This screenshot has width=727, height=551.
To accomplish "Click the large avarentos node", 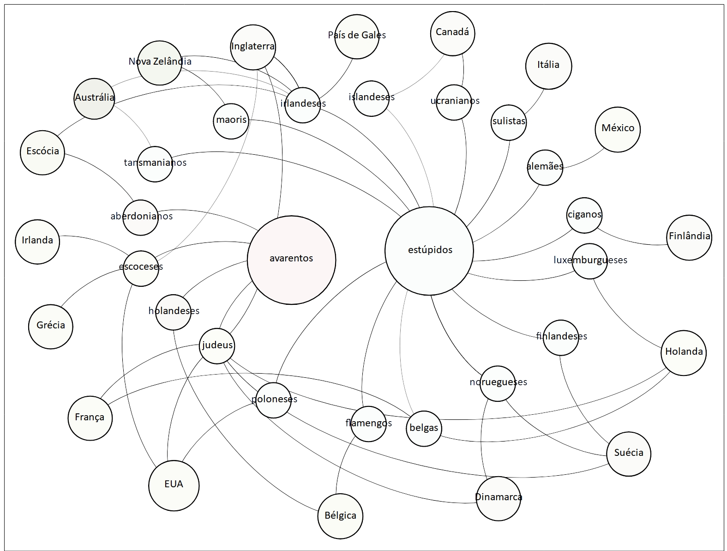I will [x=291, y=260].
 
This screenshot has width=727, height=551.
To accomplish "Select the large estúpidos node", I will [x=429, y=251].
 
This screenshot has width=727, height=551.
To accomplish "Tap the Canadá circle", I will [x=452, y=33].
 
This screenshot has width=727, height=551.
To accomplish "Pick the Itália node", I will [x=548, y=66].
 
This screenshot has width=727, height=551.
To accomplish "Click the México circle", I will [x=618, y=129].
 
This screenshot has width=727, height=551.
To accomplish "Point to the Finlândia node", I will [x=689, y=237].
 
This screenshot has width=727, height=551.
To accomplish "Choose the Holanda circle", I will [x=684, y=352].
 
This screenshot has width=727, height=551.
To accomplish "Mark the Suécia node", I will [x=629, y=454].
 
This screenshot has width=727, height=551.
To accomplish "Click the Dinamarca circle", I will [x=499, y=498].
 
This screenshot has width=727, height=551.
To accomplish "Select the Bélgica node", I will [x=340, y=516].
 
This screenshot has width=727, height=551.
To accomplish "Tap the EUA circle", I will [x=174, y=485].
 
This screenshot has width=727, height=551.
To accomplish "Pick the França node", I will [x=90, y=418].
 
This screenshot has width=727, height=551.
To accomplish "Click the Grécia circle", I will [x=50, y=326].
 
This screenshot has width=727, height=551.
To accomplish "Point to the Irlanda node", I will [x=37, y=242].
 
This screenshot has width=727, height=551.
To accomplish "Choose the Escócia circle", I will [x=42, y=152].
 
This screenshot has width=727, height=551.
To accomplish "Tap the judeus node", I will [x=217, y=345].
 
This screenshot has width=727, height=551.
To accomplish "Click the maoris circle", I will [x=231, y=121].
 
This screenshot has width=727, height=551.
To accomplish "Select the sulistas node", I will [x=509, y=122].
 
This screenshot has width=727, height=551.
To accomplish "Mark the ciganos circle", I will [x=584, y=215].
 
